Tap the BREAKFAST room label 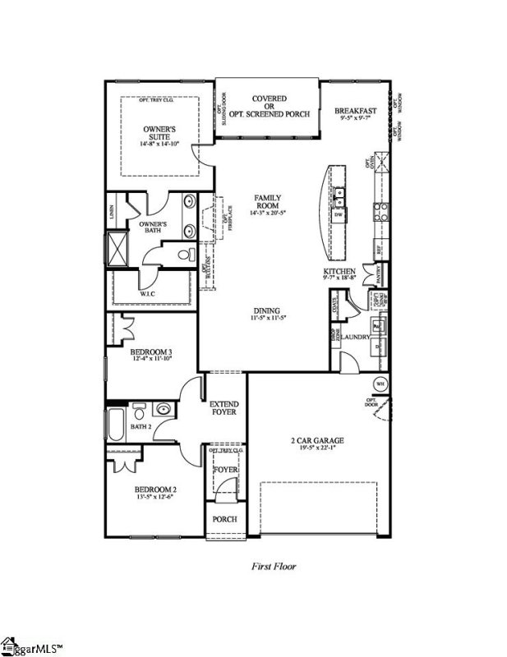point(355,111)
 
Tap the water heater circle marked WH point(380,384)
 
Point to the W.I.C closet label point(149,292)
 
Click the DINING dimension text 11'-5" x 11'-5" point(270,319)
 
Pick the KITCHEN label point(339,271)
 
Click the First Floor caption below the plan point(273,566)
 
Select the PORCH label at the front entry point(225,519)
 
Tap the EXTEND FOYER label point(224,407)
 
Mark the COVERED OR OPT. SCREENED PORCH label point(270,105)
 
